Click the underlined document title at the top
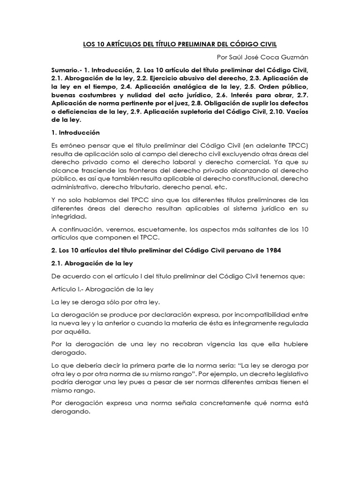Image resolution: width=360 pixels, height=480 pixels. pyautogui.click(x=180, y=44)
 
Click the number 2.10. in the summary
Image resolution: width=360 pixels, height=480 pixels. pyautogui.click(x=277, y=112)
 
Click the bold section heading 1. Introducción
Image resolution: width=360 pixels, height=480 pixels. pyautogui.click(x=75, y=133)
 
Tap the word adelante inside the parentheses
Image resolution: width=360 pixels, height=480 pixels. pyautogui.click(x=264, y=145)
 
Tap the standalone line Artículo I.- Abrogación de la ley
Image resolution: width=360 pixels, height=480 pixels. pyautogui.click(x=103, y=289)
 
